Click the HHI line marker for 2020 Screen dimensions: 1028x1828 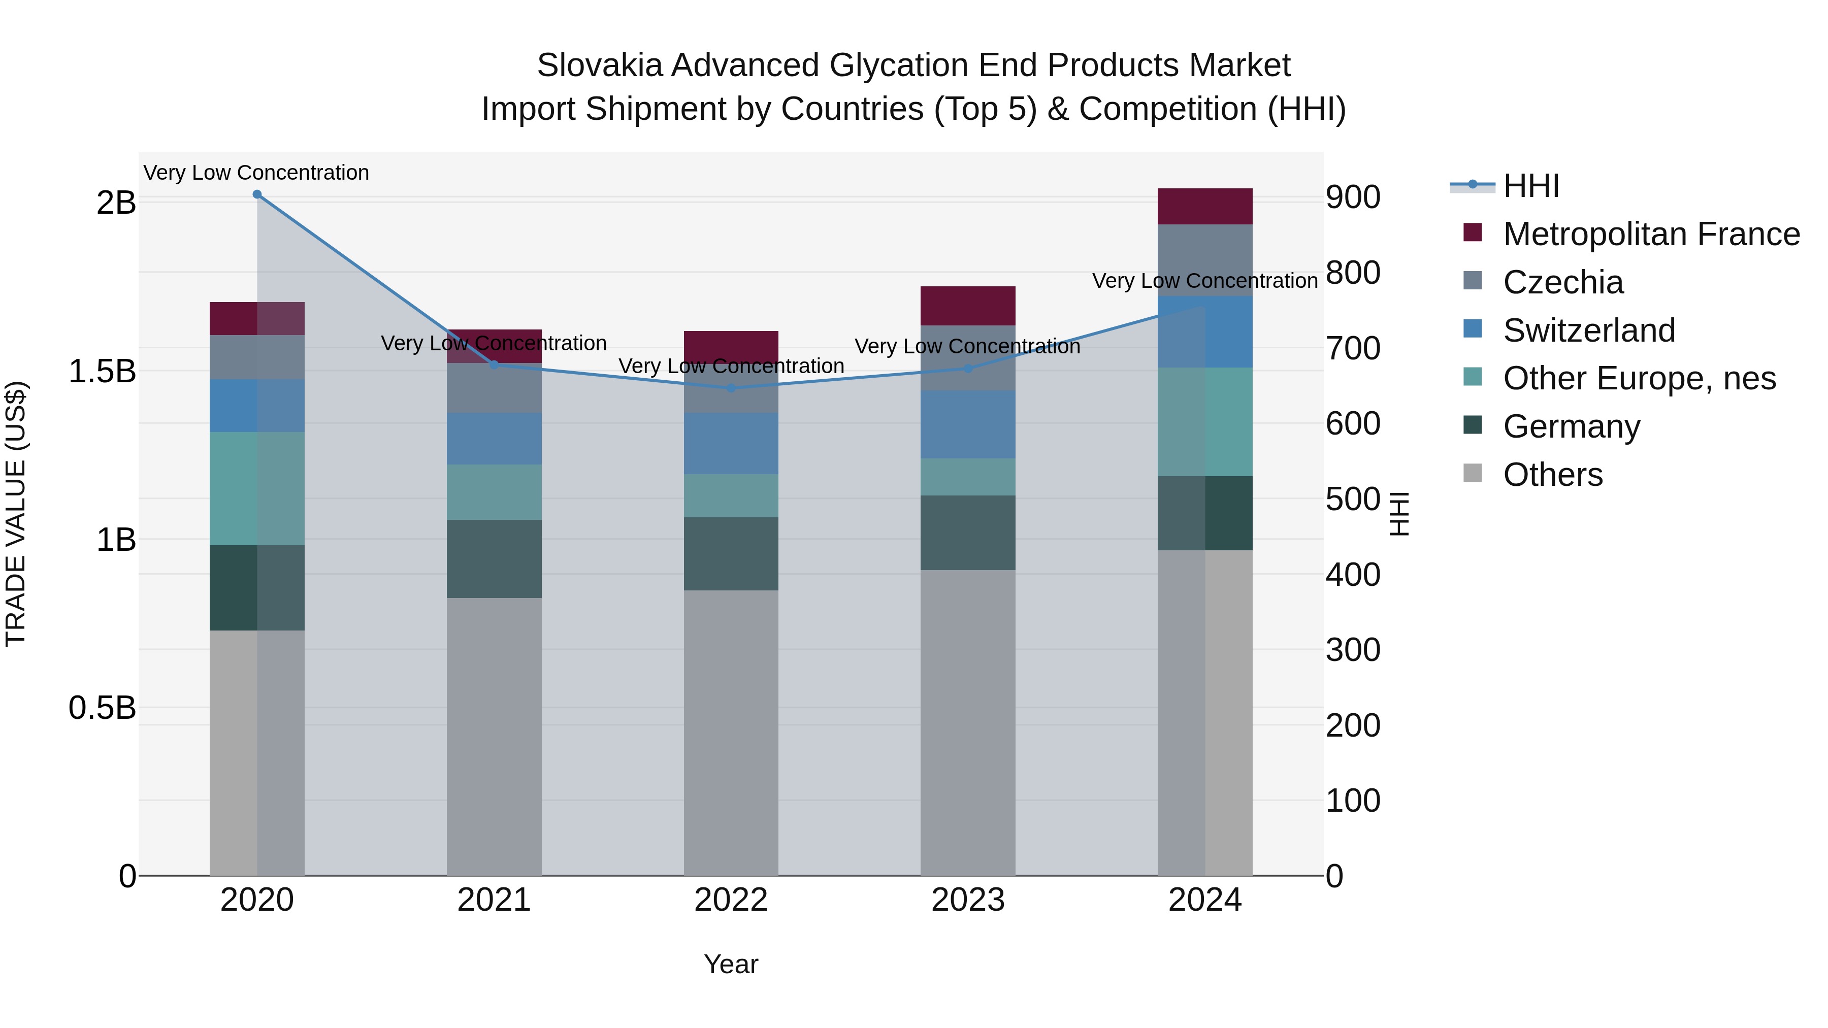click(x=257, y=194)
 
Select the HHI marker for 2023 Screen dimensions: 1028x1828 click(x=968, y=368)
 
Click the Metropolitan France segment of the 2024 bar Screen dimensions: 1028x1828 click(x=1204, y=207)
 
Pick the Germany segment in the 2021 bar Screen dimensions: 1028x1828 click(x=494, y=559)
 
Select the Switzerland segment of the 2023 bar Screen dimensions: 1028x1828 click(x=968, y=424)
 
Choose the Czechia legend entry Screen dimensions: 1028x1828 click(x=1562, y=282)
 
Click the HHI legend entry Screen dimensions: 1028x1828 click(x=1530, y=186)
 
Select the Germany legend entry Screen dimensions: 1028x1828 click(x=1571, y=426)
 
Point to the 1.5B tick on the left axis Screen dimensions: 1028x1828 click(x=102, y=371)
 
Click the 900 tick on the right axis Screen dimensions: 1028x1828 click(x=1353, y=197)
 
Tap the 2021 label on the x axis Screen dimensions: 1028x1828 click(x=494, y=900)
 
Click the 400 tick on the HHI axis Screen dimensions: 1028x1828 click(x=1353, y=575)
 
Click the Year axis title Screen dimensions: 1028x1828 click(x=731, y=964)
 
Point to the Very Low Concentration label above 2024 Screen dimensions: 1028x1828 click(x=1204, y=281)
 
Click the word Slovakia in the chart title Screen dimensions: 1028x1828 click(x=600, y=65)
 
